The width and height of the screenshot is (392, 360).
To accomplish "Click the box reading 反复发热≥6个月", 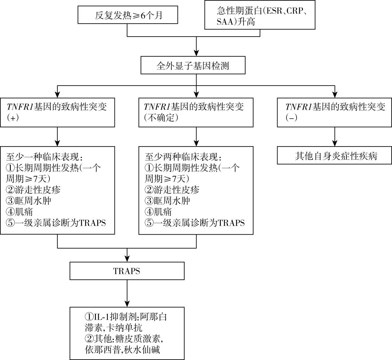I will pyautogui.click(x=128, y=16).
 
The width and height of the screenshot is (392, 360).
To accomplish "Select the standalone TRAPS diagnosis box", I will pyautogui.click(x=127, y=271).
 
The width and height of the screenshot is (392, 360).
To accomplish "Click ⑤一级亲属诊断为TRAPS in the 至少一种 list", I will pyautogui.click(x=56, y=222).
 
